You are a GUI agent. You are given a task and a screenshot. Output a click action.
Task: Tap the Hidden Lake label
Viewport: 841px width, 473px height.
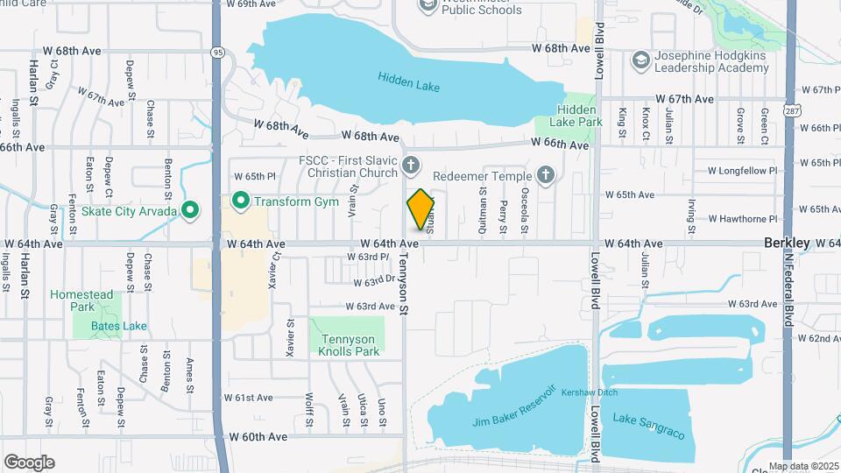409,82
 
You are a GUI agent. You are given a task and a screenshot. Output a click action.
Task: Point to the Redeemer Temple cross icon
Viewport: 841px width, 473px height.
546,176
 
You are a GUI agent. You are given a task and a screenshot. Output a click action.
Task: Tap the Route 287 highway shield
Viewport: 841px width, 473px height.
791,111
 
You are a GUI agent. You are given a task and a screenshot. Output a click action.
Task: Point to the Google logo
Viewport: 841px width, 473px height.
29,462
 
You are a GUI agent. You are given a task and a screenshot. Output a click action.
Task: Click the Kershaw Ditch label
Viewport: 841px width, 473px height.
584,392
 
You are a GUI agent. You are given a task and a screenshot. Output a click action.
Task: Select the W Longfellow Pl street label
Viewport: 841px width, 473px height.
743,170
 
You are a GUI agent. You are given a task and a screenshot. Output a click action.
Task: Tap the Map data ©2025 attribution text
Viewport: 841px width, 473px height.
802,466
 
